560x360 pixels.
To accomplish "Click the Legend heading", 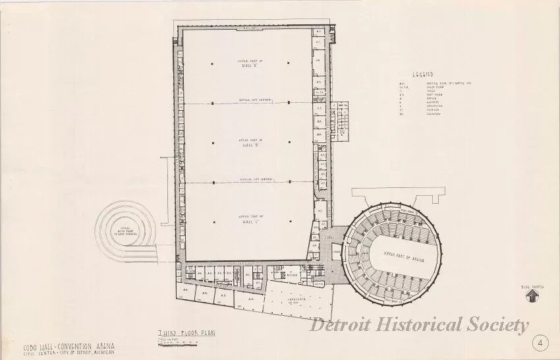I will tap(422, 75).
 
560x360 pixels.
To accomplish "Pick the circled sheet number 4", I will tap(540, 343).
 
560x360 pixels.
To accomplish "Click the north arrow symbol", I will tap(530, 297).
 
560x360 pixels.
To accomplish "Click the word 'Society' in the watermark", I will tap(499, 324).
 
